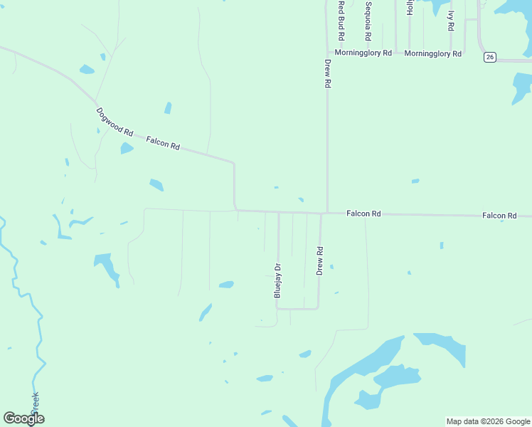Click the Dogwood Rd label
[x=115, y=122]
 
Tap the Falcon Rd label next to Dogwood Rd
[x=163, y=143]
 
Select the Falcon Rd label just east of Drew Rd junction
[x=363, y=213]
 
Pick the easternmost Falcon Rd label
[x=499, y=215]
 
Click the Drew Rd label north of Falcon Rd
[x=328, y=73]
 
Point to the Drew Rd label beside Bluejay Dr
[x=320, y=261]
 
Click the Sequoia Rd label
[x=368, y=21]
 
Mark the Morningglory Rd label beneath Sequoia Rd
[x=363, y=53]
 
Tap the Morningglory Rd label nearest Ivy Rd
[x=433, y=53]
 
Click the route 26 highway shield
[x=489, y=57]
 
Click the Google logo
[x=23, y=418]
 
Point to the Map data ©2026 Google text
[x=488, y=421]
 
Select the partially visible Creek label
[x=35, y=404]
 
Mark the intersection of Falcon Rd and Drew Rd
[x=324, y=213]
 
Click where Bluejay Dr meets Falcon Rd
[x=278, y=212]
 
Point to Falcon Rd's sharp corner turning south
[x=234, y=163]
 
